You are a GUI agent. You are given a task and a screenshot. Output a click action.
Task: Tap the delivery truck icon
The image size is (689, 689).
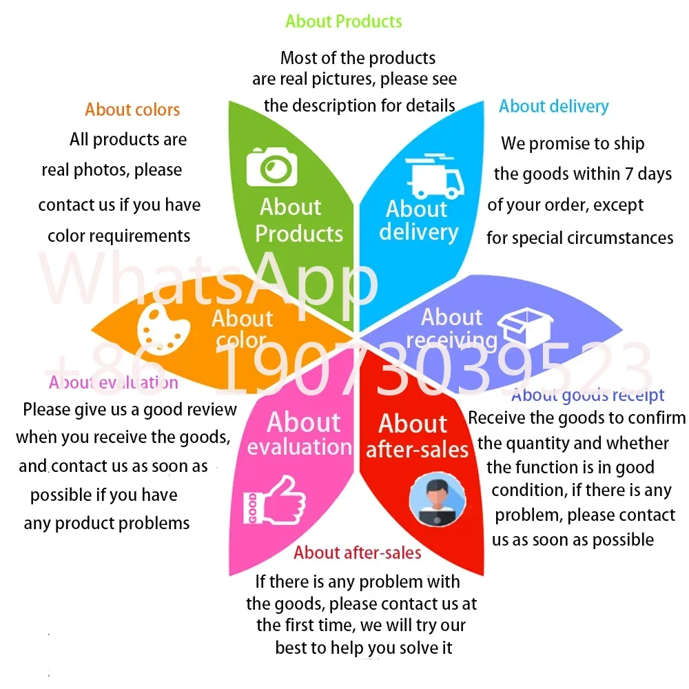point(434,178)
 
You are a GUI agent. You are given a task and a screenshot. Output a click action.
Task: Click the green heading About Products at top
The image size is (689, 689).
point(344,21)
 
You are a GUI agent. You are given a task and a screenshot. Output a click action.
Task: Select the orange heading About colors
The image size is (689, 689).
point(132,110)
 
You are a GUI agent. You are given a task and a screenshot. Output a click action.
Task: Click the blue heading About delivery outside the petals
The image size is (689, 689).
point(554,106)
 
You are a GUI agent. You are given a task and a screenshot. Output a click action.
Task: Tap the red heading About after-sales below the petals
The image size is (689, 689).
point(358,553)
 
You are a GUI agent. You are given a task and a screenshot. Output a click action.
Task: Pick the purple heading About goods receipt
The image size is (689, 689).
point(588,395)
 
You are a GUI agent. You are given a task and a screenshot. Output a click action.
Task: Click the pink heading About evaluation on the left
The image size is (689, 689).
point(114,382)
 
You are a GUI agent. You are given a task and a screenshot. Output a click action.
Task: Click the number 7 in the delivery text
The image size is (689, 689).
point(629,174)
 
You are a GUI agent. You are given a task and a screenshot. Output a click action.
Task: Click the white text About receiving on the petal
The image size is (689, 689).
point(451,329)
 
